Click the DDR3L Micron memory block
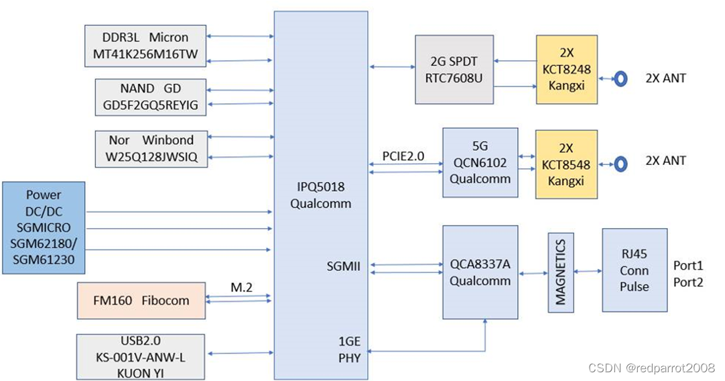(145, 46)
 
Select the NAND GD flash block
(151, 96)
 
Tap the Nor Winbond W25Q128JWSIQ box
(151, 149)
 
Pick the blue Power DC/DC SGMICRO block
(44, 227)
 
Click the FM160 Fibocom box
(141, 301)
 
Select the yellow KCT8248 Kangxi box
(566, 70)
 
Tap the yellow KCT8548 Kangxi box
(566, 164)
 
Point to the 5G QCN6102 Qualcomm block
(480, 162)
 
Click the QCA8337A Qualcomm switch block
(480, 272)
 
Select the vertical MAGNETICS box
(561, 272)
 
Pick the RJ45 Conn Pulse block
(634, 270)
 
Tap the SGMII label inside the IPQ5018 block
(343, 266)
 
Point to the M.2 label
(241, 287)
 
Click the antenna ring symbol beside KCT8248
(620, 78)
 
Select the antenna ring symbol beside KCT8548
(620, 163)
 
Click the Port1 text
(688, 265)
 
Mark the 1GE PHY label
(349, 349)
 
